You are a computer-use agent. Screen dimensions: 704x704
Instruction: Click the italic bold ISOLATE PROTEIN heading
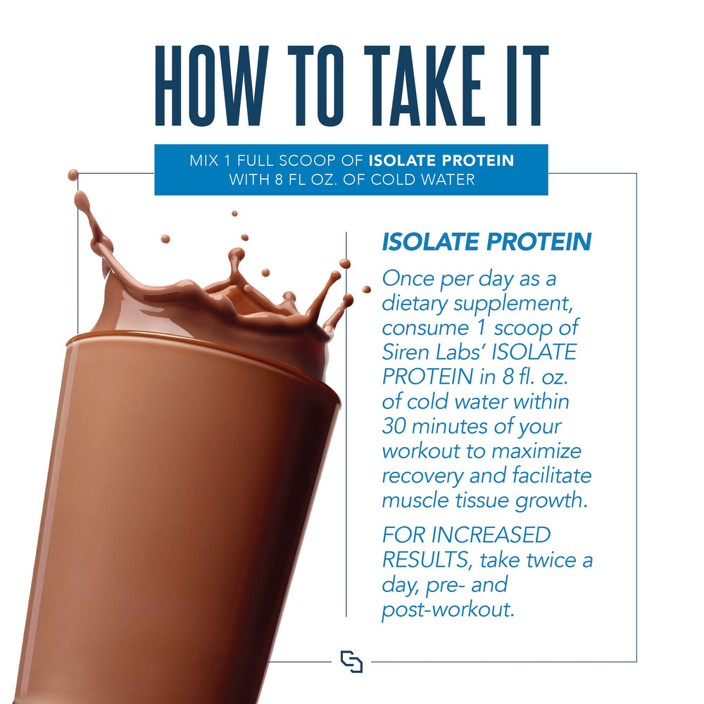486,242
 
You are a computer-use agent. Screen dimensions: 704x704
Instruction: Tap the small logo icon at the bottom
351,662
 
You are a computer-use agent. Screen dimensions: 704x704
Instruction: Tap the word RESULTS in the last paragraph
422,560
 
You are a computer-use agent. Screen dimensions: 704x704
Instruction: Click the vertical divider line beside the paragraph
346,422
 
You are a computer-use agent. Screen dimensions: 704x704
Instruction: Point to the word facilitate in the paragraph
546,476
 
